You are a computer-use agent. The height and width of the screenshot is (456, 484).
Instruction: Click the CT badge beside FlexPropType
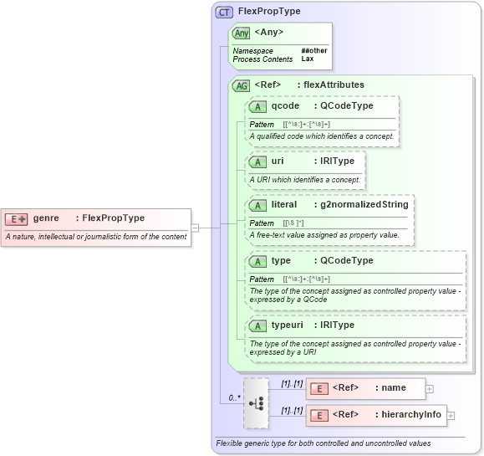(224, 13)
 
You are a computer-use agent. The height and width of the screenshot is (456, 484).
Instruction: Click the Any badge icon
(242, 33)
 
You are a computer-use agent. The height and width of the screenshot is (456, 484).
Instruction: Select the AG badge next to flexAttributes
(241, 85)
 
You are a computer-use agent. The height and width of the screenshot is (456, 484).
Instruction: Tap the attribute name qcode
(285, 106)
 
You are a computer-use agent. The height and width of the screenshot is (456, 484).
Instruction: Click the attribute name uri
(278, 161)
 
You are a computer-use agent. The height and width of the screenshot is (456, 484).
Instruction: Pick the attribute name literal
(284, 204)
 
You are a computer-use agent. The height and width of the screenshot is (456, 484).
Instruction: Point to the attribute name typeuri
(289, 325)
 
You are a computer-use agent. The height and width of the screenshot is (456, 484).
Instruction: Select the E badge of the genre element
(17, 218)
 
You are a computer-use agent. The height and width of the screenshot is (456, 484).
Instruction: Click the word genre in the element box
(45, 218)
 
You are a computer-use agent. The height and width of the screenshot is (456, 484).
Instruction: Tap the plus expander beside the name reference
(430, 388)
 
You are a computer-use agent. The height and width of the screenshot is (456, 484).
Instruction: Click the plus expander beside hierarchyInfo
(451, 415)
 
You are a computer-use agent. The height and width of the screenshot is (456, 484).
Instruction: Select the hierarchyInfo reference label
(408, 415)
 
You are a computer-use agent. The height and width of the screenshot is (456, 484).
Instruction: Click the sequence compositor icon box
(257, 402)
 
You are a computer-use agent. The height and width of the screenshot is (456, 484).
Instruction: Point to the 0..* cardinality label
(234, 398)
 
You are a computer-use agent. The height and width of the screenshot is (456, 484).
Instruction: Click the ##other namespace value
(314, 51)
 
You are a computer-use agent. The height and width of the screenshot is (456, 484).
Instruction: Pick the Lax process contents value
(308, 59)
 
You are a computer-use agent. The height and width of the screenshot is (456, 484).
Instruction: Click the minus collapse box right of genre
(195, 226)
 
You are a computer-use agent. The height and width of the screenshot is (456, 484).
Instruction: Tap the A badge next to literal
(258, 204)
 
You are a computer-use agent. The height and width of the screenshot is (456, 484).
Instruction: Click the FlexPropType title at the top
(269, 12)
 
